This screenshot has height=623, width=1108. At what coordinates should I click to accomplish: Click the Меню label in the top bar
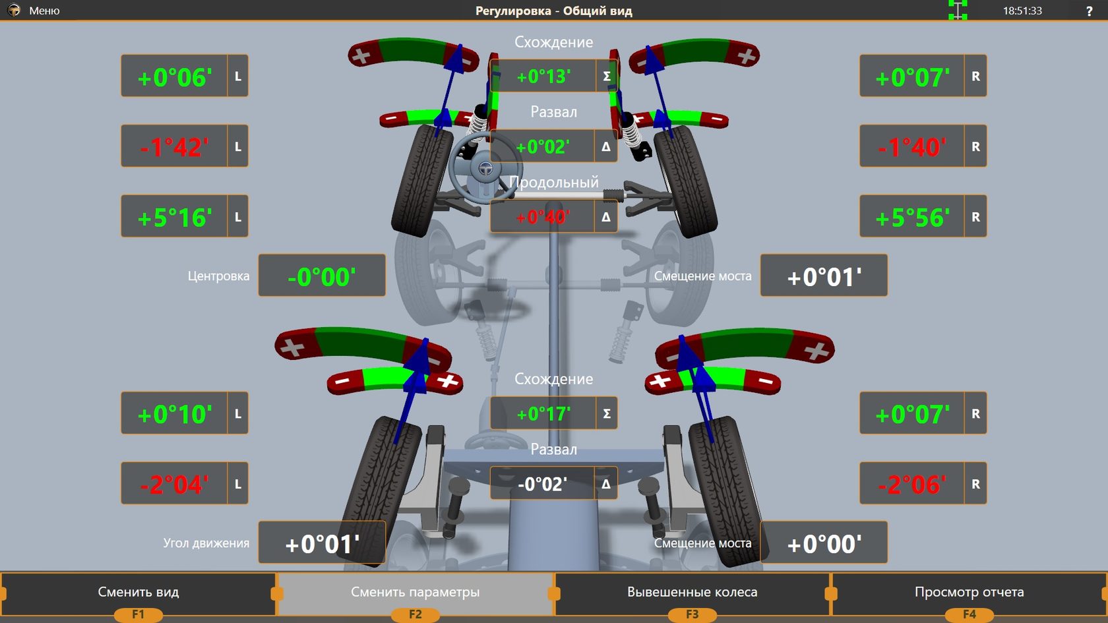coord(44,11)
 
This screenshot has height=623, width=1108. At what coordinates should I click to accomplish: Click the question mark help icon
coord(1090,11)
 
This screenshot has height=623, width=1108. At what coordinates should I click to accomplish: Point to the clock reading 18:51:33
coord(1022,11)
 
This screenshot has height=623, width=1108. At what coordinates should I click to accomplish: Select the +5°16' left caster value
coord(175,218)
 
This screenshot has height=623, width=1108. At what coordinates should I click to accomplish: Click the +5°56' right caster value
coord(913,218)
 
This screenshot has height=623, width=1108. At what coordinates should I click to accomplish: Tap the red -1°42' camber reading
coord(175,148)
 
